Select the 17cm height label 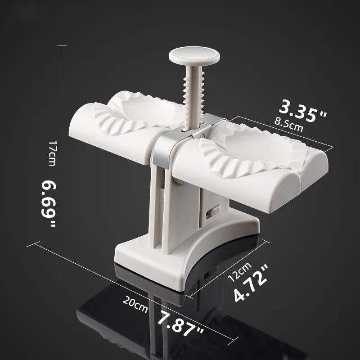(x=52, y=153)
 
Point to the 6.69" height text (x=49, y=203)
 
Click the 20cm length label (x=135, y=304)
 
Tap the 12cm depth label (x=240, y=272)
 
